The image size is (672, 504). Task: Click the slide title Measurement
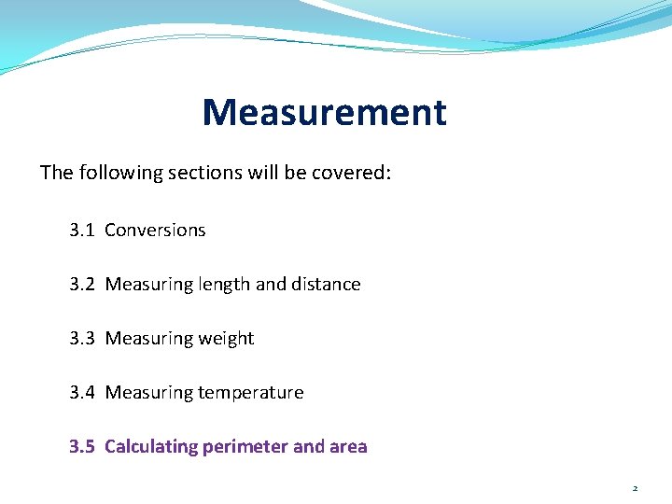click(324, 113)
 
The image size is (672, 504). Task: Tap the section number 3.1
click(82, 230)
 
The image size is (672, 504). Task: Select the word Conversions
click(155, 230)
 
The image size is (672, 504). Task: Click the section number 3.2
click(82, 284)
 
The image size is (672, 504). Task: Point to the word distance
click(326, 284)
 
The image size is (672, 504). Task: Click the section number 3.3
click(82, 338)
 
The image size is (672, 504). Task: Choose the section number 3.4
click(82, 392)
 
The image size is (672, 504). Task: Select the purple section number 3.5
click(82, 446)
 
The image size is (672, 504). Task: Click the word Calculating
click(153, 447)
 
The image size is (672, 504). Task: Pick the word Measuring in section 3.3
click(147, 339)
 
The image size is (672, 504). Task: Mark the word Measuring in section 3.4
click(147, 393)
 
